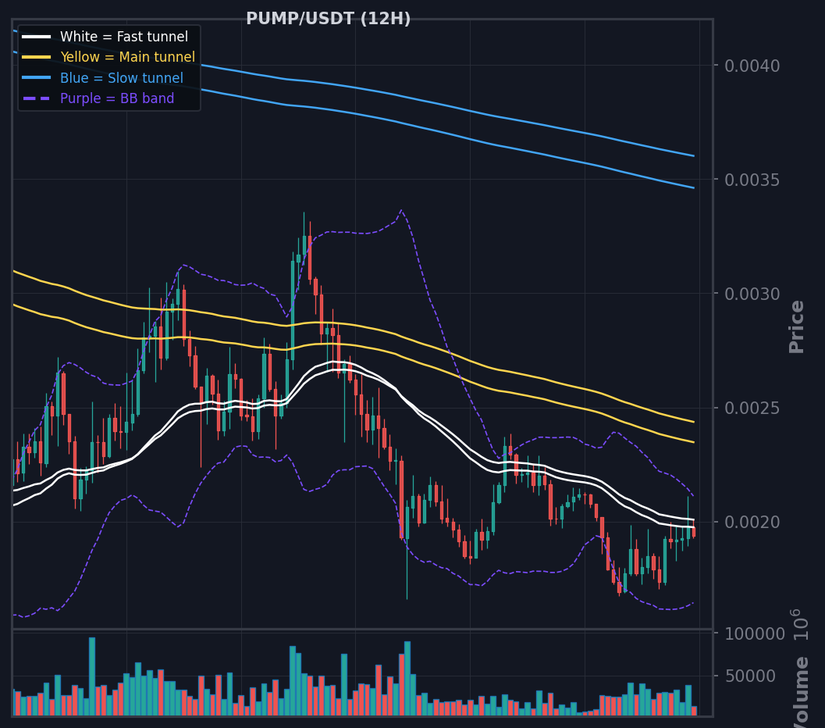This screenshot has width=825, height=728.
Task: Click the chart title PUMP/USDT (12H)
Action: (x=329, y=19)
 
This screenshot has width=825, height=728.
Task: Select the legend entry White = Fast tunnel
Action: (x=123, y=36)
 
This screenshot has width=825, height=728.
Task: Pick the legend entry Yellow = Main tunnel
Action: (x=127, y=57)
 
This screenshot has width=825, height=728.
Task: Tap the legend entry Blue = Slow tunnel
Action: (x=122, y=78)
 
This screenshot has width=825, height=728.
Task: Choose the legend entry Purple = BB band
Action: (x=117, y=98)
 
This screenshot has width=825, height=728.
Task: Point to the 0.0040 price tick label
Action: (x=752, y=66)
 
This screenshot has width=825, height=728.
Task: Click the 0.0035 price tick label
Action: (x=752, y=180)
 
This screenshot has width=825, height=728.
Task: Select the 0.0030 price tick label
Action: (x=752, y=294)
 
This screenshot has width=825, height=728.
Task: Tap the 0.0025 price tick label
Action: (x=752, y=408)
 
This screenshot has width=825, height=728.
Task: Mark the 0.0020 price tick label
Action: (x=752, y=523)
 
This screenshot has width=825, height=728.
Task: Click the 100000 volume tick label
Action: (x=755, y=633)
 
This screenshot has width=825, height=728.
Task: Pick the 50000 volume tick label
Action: (x=750, y=676)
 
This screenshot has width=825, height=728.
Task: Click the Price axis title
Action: (x=797, y=327)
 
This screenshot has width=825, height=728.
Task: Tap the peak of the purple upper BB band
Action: (x=401, y=210)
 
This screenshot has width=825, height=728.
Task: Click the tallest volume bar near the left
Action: (x=92, y=676)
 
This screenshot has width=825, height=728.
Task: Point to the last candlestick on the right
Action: (x=694, y=532)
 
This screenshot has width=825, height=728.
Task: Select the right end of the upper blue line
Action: (x=694, y=155)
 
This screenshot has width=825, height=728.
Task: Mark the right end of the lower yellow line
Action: (x=694, y=442)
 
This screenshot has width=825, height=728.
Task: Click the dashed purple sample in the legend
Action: (x=37, y=98)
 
